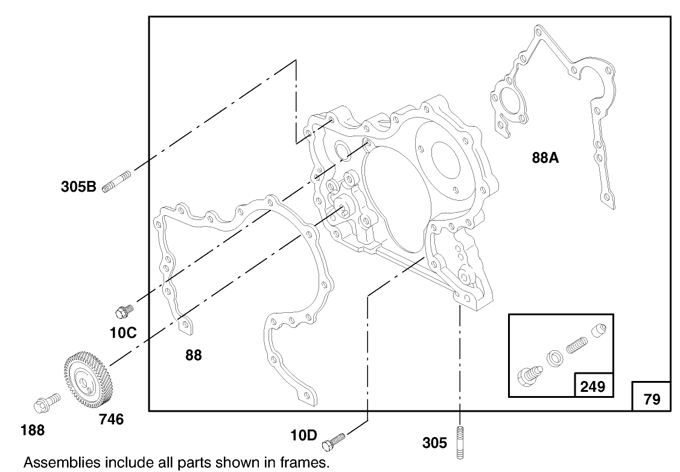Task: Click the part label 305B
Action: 78,186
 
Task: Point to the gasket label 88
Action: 193,355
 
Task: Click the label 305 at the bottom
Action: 435,444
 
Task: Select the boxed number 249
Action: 593,386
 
